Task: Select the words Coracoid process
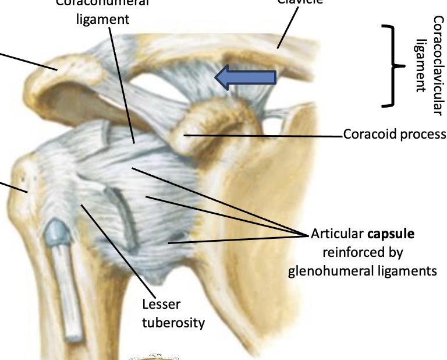point(394,135)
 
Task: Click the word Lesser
point(161,305)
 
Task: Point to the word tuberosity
point(173,322)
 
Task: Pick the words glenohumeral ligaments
point(362,271)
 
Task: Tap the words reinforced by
point(363,252)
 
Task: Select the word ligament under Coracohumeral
point(102,19)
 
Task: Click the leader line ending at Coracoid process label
point(262,136)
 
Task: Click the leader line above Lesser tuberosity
point(119,245)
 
